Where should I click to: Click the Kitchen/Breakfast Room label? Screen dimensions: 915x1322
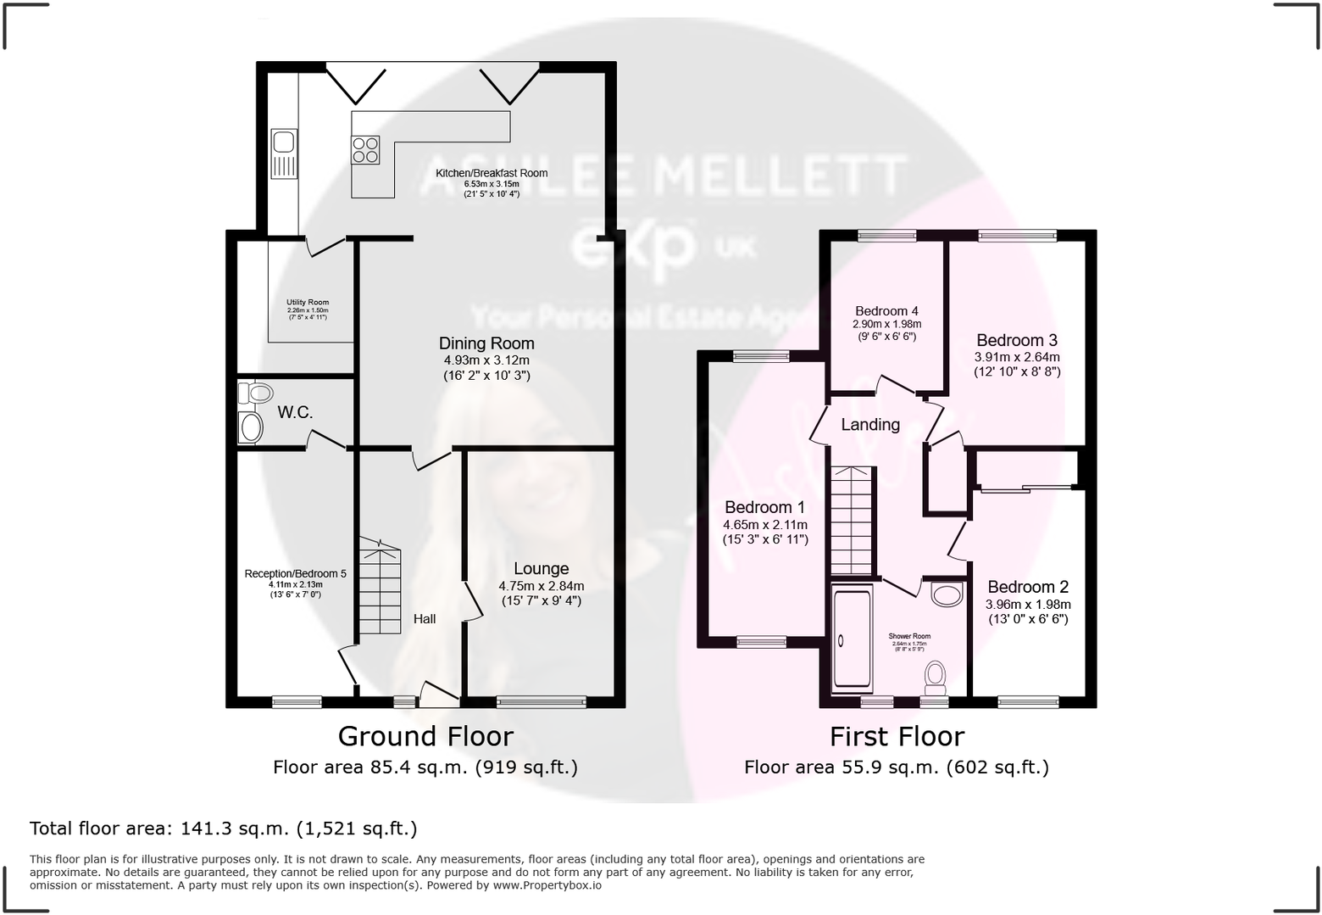click(x=492, y=173)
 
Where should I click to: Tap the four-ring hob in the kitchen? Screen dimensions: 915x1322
click(x=366, y=150)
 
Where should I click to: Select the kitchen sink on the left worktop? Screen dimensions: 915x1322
click(x=283, y=141)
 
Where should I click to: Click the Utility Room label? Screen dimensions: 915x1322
click(x=308, y=302)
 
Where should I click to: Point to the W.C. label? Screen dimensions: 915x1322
click(x=295, y=413)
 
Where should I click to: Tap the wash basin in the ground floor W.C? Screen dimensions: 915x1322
click(x=251, y=427)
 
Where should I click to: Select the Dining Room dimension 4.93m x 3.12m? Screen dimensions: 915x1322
click(x=486, y=360)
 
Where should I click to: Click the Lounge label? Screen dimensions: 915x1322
click(x=541, y=569)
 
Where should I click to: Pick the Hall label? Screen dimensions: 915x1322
click(x=425, y=619)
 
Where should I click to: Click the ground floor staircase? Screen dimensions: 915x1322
click(x=379, y=589)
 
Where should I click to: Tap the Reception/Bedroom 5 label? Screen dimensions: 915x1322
click(x=295, y=573)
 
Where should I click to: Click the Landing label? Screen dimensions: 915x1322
click(x=870, y=425)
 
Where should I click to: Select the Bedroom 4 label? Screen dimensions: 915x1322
click(x=886, y=311)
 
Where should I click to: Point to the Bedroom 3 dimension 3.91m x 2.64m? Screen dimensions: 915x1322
click(x=1017, y=357)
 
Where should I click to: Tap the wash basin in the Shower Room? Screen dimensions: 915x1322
click(x=947, y=594)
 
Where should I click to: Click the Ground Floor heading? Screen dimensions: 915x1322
click(x=425, y=736)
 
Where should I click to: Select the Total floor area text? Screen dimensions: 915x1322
click(x=224, y=829)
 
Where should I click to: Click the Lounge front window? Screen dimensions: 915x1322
click(x=541, y=701)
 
